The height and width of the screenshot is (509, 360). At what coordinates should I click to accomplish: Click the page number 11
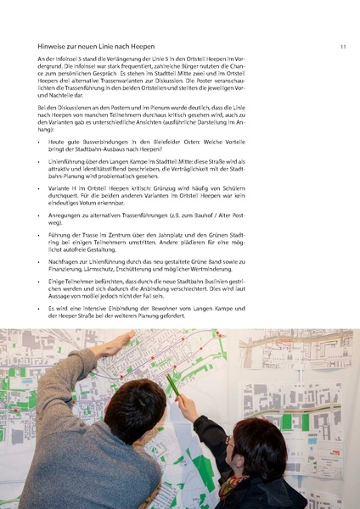342,47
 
